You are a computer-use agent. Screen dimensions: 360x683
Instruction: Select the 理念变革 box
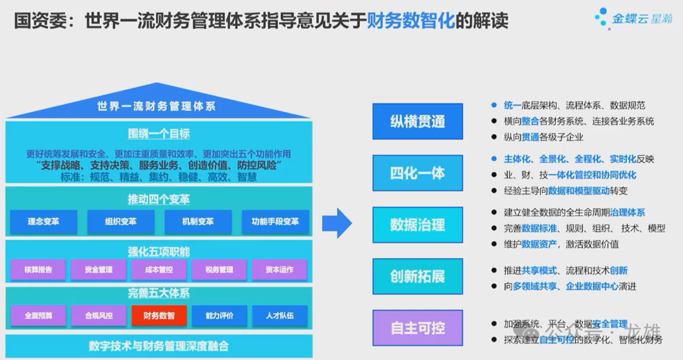(x=44, y=222)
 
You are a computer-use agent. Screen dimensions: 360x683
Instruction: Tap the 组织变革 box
(x=121, y=222)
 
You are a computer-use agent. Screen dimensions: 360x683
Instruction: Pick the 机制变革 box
(x=198, y=222)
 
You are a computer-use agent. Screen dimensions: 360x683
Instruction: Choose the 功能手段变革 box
(x=275, y=222)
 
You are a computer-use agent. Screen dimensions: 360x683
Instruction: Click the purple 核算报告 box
(x=39, y=270)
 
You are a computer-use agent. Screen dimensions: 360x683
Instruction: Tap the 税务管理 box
(x=219, y=270)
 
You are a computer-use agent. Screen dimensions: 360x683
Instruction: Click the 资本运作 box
(x=280, y=270)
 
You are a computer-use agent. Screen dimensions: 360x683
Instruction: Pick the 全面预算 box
(x=39, y=315)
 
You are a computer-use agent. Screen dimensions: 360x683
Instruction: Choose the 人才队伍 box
(x=280, y=315)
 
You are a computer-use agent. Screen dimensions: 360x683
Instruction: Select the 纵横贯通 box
(x=417, y=121)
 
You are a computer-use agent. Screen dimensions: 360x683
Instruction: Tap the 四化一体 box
(x=417, y=173)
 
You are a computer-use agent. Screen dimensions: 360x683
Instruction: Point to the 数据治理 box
(x=417, y=225)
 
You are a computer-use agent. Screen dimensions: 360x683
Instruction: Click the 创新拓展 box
(x=417, y=276)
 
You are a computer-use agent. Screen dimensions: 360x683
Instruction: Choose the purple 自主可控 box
(x=417, y=328)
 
